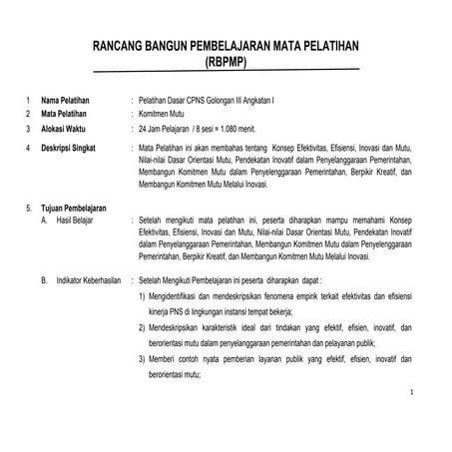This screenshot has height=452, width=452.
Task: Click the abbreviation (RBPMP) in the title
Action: click(x=226, y=61)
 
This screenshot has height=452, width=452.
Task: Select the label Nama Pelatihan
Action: click(x=66, y=101)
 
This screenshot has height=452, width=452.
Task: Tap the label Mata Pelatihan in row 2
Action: click(x=65, y=115)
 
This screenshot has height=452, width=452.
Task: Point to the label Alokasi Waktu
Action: click(x=65, y=129)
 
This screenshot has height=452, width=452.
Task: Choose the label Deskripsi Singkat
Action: click(x=69, y=148)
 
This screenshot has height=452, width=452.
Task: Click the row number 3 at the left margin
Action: click(x=27, y=129)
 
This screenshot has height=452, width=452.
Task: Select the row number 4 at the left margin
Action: click(x=27, y=148)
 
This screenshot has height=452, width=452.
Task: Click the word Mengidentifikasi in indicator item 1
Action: click(x=178, y=298)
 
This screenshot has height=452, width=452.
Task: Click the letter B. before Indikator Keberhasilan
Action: click(x=44, y=281)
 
